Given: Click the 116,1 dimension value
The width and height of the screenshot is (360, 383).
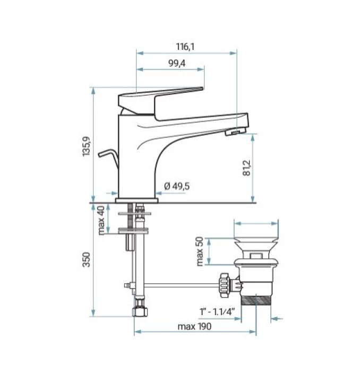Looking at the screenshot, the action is (x=185, y=46).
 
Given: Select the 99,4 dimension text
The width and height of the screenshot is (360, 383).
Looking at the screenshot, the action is (x=177, y=63).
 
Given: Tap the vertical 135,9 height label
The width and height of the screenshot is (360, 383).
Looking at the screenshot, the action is (x=87, y=146).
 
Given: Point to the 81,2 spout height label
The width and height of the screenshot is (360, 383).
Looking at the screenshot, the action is (x=247, y=168).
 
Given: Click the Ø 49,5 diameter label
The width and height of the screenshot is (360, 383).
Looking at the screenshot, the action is (x=177, y=186).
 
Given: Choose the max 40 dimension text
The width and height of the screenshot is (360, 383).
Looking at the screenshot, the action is (x=101, y=220).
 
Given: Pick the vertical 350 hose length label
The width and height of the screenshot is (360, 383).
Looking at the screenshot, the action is (x=87, y=259).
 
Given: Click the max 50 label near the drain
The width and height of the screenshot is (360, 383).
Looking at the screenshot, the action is (x=200, y=251).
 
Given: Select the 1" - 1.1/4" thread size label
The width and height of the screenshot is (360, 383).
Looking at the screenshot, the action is (x=217, y=312).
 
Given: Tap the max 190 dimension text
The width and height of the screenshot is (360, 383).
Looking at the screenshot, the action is (x=194, y=326).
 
